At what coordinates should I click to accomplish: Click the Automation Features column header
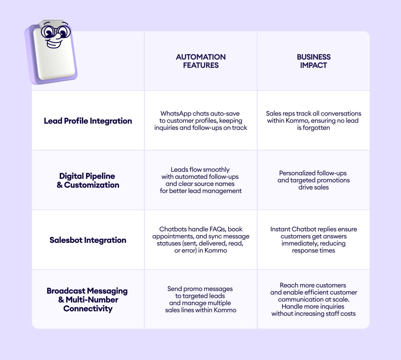(x=201, y=61)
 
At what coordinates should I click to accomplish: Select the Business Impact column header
(x=313, y=61)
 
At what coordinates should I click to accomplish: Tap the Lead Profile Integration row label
(x=88, y=121)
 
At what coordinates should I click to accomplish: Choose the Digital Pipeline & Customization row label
(x=88, y=181)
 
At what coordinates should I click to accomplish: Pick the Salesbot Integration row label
(x=88, y=240)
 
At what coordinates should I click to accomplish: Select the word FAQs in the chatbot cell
(x=218, y=229)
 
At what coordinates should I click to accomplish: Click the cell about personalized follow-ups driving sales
(x=313, y=180)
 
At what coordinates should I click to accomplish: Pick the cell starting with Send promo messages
(x=201, y=300)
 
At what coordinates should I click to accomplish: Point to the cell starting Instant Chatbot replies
(x=313, y=240)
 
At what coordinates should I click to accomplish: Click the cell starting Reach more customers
(x=313, y=300)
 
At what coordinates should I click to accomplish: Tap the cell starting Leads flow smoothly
(x=201, y=180)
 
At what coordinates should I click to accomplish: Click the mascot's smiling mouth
(x=54, y=44)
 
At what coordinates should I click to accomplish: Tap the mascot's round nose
(x=57, y=36)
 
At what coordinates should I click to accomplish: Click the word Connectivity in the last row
(x=88, y=309)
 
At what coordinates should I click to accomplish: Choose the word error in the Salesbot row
(x=189, y=251)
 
